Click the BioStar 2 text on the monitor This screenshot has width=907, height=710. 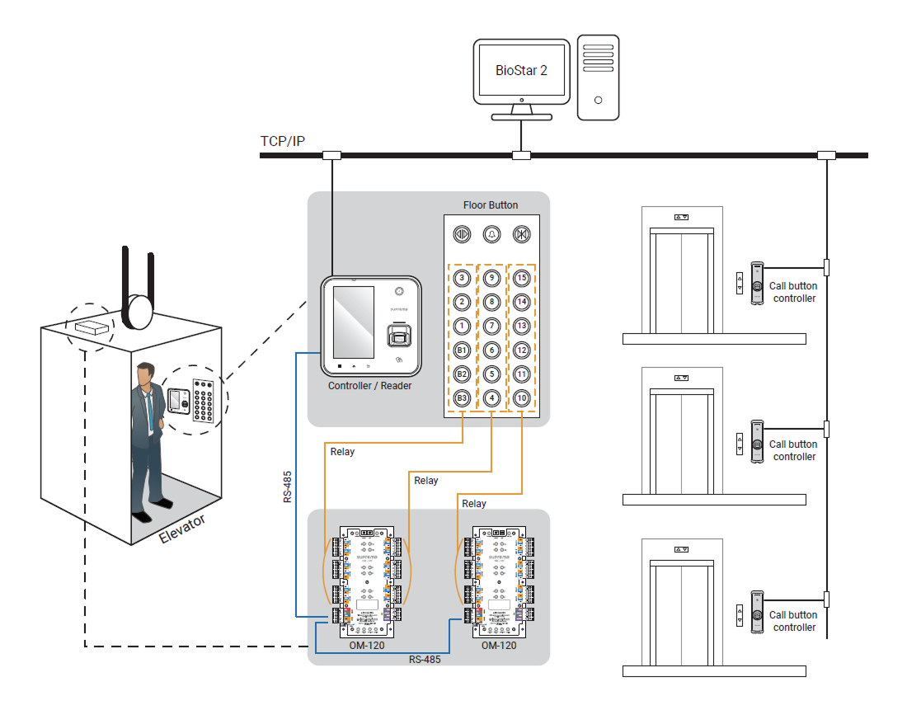521,71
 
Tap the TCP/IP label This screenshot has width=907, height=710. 283,141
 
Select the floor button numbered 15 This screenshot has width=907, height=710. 521,278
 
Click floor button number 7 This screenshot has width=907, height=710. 491,326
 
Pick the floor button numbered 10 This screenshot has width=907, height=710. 521,398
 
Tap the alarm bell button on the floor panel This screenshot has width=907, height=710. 491,234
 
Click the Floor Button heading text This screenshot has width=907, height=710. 491,205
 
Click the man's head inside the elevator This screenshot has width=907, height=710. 148,374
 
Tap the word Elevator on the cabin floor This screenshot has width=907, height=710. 182,528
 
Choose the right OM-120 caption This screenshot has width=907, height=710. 499,645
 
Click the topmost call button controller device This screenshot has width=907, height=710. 756,284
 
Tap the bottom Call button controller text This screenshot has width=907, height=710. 794,621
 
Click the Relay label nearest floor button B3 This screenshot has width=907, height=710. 342,452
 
